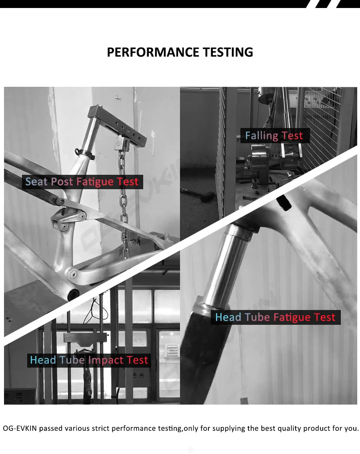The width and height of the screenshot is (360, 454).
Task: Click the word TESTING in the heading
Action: [x=227, y=52]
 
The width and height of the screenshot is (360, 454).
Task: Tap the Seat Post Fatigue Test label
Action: [x=82, y=182]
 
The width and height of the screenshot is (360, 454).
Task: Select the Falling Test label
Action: [x=274, y=136]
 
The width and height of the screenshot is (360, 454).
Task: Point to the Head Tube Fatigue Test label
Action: [x=275, y=317]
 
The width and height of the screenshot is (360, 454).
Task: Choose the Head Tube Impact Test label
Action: [x=89, y=360]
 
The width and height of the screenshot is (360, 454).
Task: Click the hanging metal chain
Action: [x=124, y=200]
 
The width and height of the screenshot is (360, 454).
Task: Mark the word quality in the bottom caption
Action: [x=288, y=428]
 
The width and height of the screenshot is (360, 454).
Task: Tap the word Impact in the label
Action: [x=106, y=360]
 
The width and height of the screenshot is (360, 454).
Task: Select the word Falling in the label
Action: [x=262, y=136]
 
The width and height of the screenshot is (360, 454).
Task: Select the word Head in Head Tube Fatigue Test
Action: [x=228, y=317]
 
